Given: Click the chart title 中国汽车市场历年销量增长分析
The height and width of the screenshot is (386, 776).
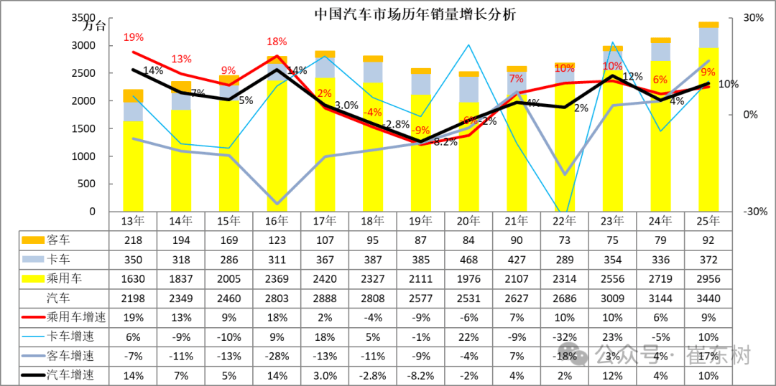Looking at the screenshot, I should coord(415,14).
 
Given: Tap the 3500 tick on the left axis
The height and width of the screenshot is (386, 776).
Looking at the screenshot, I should coord(92,18).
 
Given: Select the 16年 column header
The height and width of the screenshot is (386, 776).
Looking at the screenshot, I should coord(277,221).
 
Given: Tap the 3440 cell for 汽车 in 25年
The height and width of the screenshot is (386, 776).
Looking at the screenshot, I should coord(708,297).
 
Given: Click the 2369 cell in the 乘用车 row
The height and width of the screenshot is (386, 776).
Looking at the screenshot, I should coord(277,278).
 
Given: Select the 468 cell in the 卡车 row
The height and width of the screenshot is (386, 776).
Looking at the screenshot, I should coord(468,259).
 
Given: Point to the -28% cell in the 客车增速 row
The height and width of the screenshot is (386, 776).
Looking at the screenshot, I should coord(277,355).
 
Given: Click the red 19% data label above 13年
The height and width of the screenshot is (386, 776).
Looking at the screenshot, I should coord(133,37).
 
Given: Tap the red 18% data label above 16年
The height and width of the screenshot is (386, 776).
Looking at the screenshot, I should coord(277,42).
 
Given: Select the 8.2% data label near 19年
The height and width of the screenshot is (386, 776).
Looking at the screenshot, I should coord(445,142).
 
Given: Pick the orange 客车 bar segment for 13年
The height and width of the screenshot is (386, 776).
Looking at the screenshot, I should coord(133,95).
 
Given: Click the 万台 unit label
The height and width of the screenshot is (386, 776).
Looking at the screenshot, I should coord(94,27).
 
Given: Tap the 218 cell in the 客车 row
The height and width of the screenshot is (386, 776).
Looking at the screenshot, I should coord(133,240).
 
